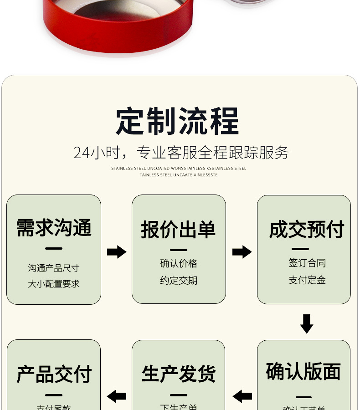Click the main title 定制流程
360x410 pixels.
click(177, 121)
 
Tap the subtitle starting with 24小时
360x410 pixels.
click(181, 153)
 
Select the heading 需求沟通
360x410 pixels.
click(54, 228)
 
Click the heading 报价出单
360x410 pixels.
click(178, 229)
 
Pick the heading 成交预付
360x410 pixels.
click(306, 229)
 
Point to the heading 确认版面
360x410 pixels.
click(303, 372)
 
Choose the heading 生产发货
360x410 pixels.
click(178, 374)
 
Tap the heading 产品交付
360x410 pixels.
click(54, 374)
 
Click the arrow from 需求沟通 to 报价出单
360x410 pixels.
click(116, 252)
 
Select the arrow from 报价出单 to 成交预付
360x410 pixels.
click(242, 252)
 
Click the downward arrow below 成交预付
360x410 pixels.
click(307, 323)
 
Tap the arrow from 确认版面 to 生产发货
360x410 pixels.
click(242, 396)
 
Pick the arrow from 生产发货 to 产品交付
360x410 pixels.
click(117, 396)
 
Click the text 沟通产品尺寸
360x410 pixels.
click(54, 268)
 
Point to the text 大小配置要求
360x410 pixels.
click(54, 284)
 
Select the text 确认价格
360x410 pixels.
click(179, 263)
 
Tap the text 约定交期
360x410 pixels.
click(179, 280)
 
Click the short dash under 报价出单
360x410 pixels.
click(179, 250)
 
